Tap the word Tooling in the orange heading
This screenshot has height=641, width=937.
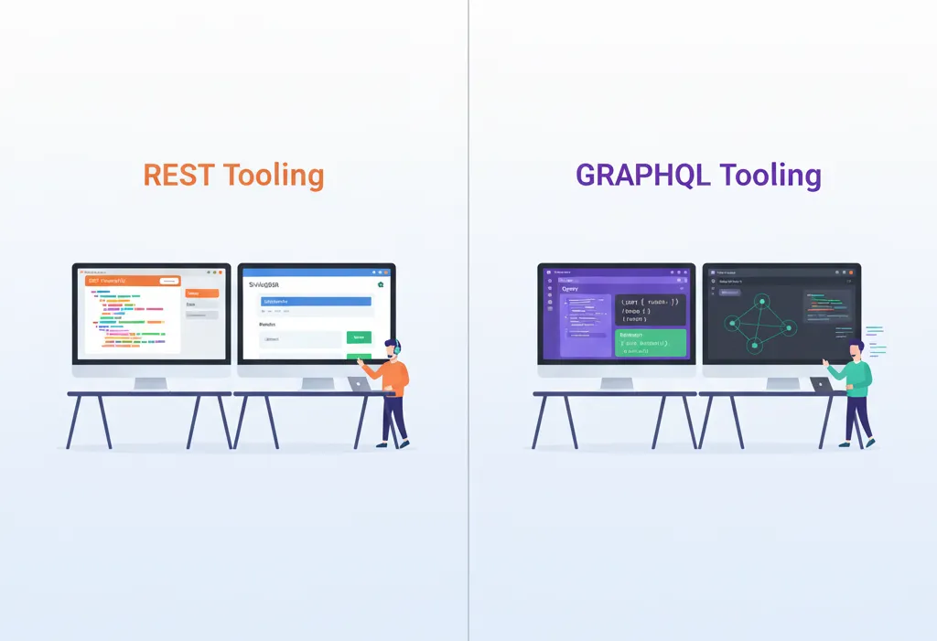pos(274,175)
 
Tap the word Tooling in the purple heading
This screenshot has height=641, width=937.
pos(770,175)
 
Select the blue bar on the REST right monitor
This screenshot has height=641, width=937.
pos(316,301)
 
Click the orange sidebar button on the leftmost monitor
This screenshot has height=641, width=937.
pos(202,294)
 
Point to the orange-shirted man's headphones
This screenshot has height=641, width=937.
pos(396,348)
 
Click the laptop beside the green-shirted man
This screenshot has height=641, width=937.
pos(822,385)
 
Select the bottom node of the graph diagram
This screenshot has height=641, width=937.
pos(755,346)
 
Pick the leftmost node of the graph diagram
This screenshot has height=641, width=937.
pos(730,322)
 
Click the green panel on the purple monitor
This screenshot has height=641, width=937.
pos(651,343)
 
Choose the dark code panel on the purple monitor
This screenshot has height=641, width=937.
pos(651,310)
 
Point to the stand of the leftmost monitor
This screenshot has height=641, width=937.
pos(151,382)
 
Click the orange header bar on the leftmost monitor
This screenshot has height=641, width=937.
pos(134,281)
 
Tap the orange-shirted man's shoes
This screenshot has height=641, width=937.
pos(393,443)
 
